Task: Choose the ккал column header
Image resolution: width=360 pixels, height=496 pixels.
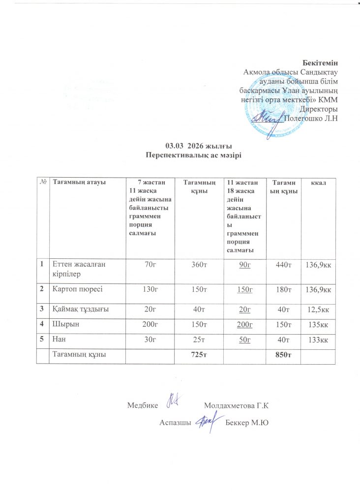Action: pos(320,183)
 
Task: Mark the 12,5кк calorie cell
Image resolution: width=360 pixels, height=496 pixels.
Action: pos(320,309)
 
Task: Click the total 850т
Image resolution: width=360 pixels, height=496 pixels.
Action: pos(284,355)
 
